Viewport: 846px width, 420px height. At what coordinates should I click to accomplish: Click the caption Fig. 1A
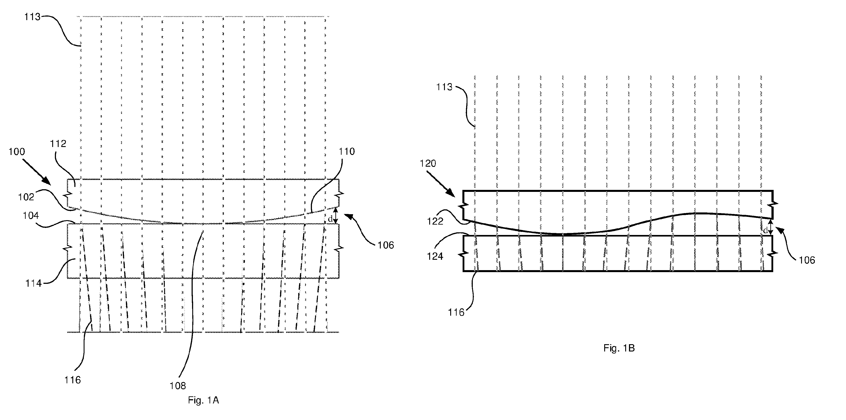pyautogui.click(x=203, y=400)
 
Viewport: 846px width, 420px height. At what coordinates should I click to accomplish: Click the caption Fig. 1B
pyautogui.click(x=619, y=348)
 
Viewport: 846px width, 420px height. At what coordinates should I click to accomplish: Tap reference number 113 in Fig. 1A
pyautogui.click(x=32, y=17)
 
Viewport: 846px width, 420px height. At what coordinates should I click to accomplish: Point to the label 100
pyautogui.click(x=17, y=152)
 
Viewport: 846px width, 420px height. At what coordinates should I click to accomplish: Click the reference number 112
pyautogui.click(x=58, y=143)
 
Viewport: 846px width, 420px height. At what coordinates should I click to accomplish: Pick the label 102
pyautogui.click(x=26, y=197)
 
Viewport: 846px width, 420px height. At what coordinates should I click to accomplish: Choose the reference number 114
pyautogui.click(x=34, y=283)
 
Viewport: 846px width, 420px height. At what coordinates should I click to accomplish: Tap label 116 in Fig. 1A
pyautogui.click(x=73, y=380)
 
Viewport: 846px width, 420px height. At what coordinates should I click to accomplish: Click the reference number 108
pyautogui.click(x=178, y=386)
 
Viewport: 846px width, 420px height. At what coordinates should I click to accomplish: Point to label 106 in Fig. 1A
pyautogui.click(x=386, y=245)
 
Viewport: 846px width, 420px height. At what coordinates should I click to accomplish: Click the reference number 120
pyautogui.click(x=428, y=163)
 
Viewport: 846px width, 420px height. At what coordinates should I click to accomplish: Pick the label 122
pyautogui.click(x=435, y=221)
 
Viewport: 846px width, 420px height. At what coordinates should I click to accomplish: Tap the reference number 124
pyautogui.click(x=435, y=256)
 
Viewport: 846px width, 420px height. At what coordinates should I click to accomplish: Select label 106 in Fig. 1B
pyautogui.click(x=807, y=260)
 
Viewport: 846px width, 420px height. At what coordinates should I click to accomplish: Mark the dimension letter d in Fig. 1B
pyautogui.click(x=765, y=231)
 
